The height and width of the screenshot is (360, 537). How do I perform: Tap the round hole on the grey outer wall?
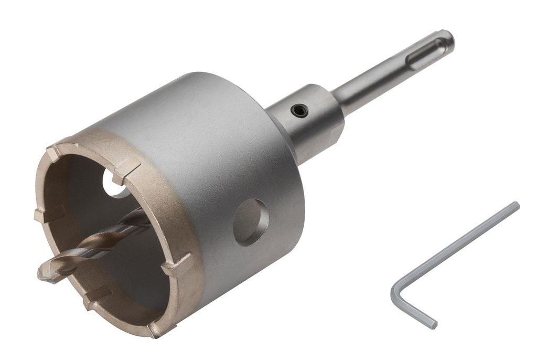tap(251, 222)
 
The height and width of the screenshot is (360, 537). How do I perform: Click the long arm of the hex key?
tap(456, 247)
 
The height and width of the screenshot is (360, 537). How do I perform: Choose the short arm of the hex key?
tap(414, 310)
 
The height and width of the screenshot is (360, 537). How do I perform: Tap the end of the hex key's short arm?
tap(433, 325)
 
